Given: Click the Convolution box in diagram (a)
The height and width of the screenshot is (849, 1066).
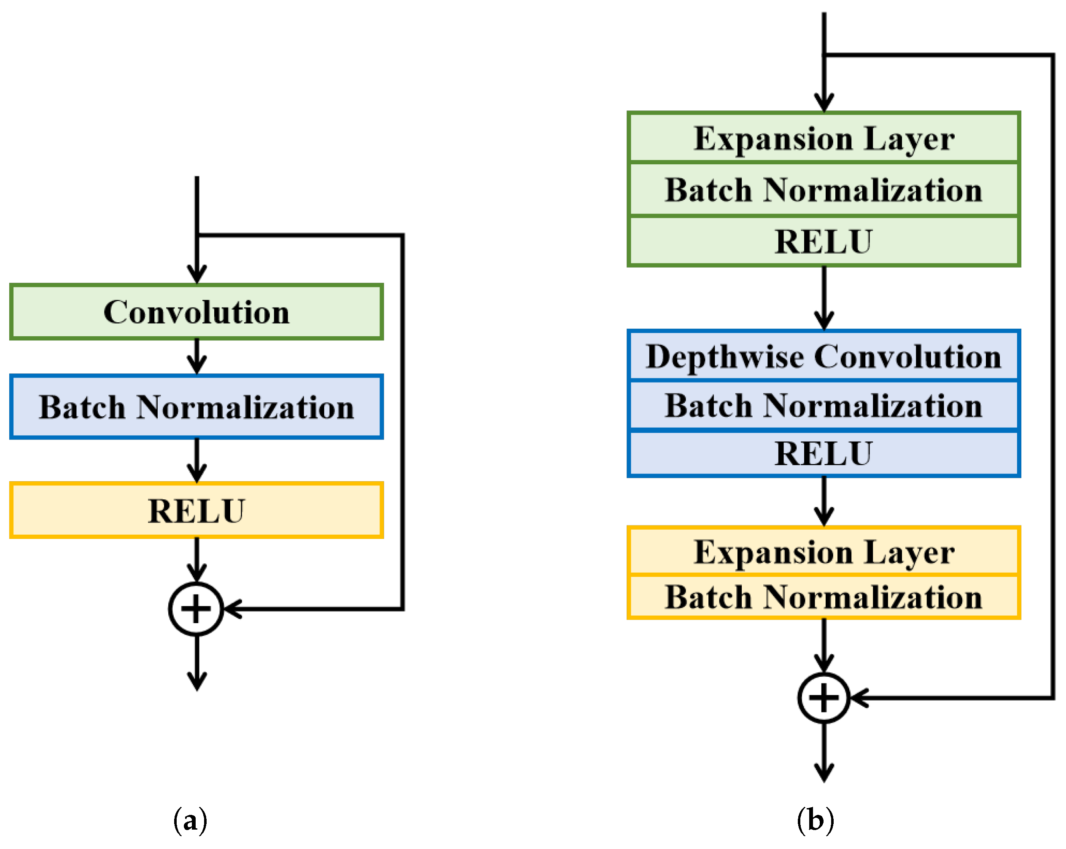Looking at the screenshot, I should [196, 312].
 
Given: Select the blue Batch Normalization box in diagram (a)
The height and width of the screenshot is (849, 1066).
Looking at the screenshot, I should [196, 407].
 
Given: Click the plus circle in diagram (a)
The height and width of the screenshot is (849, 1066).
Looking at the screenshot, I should [196, 609].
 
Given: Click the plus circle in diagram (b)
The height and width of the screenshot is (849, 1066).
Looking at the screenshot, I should [824, 698].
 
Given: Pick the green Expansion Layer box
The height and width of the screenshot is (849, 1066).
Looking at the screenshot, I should [824, 138].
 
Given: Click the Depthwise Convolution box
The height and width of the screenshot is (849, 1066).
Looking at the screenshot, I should [824, 356].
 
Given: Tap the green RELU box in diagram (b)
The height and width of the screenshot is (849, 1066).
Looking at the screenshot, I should [824, 242].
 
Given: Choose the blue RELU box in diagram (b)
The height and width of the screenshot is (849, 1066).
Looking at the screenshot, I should [824, 453].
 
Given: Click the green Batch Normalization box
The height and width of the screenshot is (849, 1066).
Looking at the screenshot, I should [824, 190].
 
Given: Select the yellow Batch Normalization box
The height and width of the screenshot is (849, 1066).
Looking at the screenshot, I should [824, 597].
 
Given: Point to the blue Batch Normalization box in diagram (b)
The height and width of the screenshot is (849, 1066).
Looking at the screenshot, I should [824, 406].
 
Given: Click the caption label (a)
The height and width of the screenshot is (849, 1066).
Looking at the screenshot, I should [190, 821].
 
